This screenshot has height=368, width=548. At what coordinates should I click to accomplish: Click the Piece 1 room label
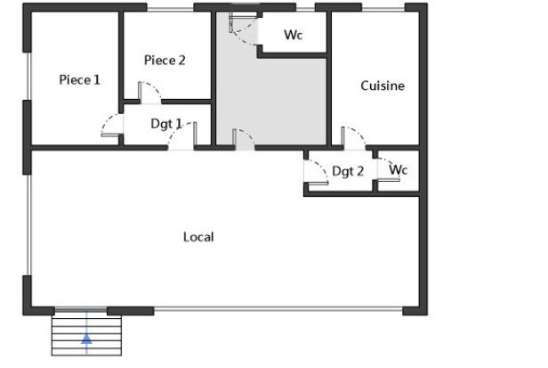click(x=80, y=80)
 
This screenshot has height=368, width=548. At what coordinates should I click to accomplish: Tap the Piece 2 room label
click(x=165, y=61)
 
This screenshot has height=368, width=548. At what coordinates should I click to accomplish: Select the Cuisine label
click(x=383, y=86)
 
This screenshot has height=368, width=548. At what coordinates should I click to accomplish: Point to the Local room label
click(x=198, y=237)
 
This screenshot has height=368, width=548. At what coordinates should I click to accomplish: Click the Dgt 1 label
click(x=166, y=124)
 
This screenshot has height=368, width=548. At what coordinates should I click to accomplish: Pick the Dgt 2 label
click(x=348, y=171)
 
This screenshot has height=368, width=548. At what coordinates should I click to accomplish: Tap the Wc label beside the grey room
click(x=294, y=35)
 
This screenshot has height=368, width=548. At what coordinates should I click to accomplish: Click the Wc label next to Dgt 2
click(x=399, y=170)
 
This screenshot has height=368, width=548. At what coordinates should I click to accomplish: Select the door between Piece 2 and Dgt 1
click(x=150, y=93)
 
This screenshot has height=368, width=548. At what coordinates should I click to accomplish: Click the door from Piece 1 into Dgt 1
click(x=112, y=125)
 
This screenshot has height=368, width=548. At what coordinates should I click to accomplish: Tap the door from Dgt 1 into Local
click(x=182, y=135)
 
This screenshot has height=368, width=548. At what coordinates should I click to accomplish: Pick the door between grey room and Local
click(x=243, y=139)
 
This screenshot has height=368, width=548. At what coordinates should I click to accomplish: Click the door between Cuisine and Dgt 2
click(x=353, y=138)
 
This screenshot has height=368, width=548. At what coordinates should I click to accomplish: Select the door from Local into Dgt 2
click(x=316, y=172)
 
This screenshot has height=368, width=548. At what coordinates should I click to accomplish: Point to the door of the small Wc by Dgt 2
click(x=388, y=169)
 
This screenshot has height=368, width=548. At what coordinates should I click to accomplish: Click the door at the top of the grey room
click(x=244, y=28)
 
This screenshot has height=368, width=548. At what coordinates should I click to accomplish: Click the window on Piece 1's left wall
click(x=29, y=77)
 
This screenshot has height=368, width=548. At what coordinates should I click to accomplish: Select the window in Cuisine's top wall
click(x=383, y=8)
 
